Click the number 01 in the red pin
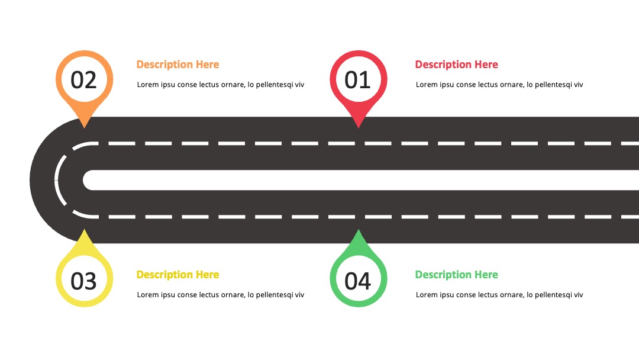click(357, 80)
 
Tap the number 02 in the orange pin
click(83, 80)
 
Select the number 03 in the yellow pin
click(83, 281)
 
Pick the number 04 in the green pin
click(357, 281)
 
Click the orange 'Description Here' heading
click(177, 65)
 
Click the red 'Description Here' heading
click(456, 65)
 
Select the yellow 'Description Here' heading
click(177, 275)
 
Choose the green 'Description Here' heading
click(456, 275)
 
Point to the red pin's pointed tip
click(358, 128)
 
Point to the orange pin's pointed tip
click(85, 128)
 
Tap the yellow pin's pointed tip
click(85, 230)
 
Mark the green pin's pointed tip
click(358, 230)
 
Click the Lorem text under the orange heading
click(221, 85)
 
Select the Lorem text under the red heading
click(499, 85)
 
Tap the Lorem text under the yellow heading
click(221, 295)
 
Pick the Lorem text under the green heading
click(499, 295)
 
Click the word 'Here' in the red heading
click(486, 65)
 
